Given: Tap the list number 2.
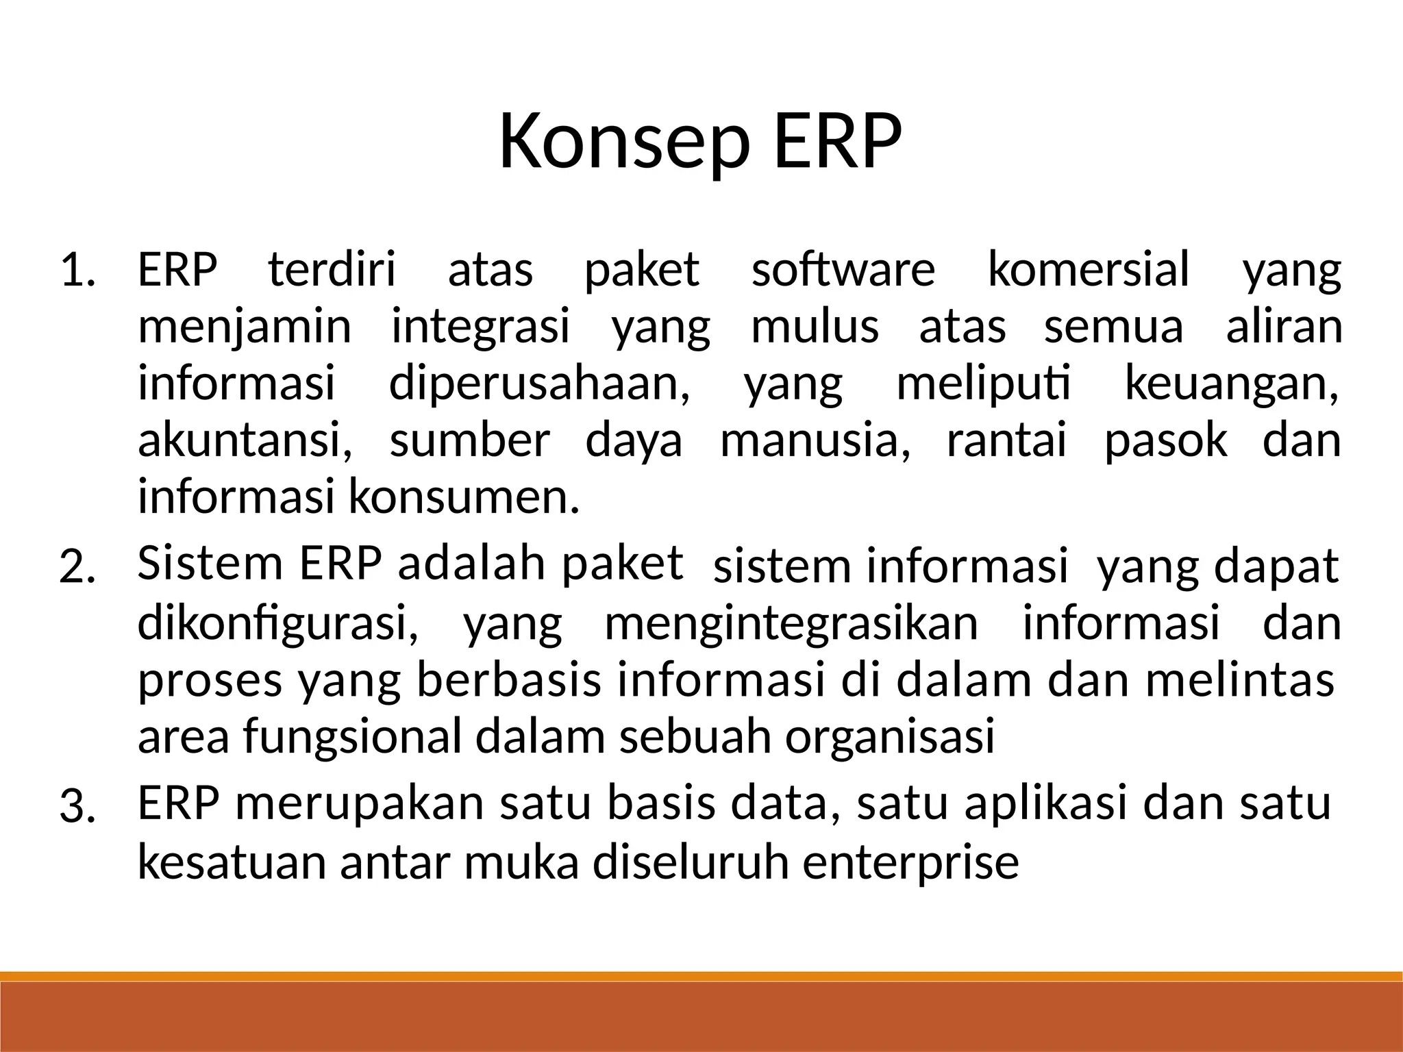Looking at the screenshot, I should [79, 568].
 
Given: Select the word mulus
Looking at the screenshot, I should [815, 327].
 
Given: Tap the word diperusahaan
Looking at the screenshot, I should [539, 384].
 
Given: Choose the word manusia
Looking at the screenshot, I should [815, 440].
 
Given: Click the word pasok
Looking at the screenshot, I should [1165, 442].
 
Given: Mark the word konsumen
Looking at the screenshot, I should [464, 498].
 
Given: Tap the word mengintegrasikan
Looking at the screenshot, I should [791, 625].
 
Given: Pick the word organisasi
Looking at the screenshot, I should [889, 738].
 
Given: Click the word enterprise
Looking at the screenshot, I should [910, 863].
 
